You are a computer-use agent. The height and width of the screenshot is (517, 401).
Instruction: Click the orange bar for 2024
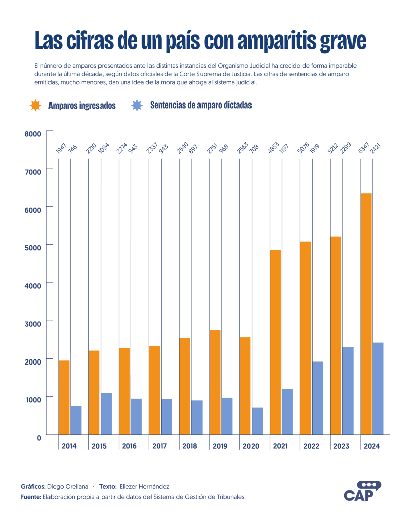(366, 313)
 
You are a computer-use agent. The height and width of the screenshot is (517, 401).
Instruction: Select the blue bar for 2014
(76, 420)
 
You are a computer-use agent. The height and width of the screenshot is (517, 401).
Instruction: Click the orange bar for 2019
(215, 382)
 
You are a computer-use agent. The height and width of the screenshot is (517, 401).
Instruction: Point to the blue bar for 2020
(257, 421)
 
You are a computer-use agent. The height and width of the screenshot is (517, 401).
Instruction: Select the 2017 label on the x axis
(160, 446)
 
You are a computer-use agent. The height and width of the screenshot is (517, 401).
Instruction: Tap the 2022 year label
(311, 446)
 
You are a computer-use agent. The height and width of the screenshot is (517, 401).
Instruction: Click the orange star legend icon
(36, 105)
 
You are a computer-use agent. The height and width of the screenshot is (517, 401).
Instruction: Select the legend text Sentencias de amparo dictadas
(201, 105)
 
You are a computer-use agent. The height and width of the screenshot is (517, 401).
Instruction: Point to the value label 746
(73, 149)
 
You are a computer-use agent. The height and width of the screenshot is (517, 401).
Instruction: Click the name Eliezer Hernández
(144, 486)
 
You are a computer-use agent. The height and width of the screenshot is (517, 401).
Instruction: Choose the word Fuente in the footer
(30, 497)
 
